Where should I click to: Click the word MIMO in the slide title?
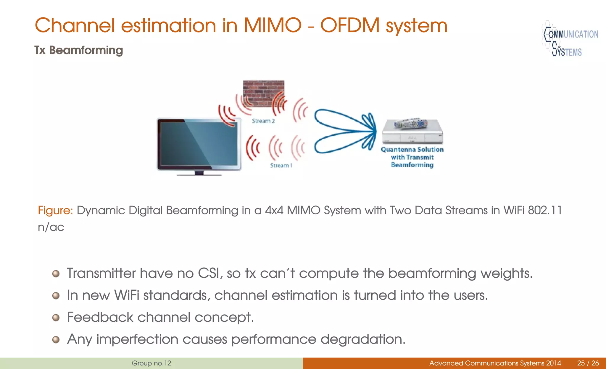272,25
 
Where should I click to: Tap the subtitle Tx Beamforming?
78,50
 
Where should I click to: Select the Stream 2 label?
263,121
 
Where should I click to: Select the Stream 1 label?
281,166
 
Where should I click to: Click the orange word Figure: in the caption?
55,211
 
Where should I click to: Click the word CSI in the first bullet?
209,273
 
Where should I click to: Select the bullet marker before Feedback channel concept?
56,318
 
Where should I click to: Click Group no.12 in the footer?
151,363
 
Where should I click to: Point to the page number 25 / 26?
588,363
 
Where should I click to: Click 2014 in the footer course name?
553,363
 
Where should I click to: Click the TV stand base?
199,174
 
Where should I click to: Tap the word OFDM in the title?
350,25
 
